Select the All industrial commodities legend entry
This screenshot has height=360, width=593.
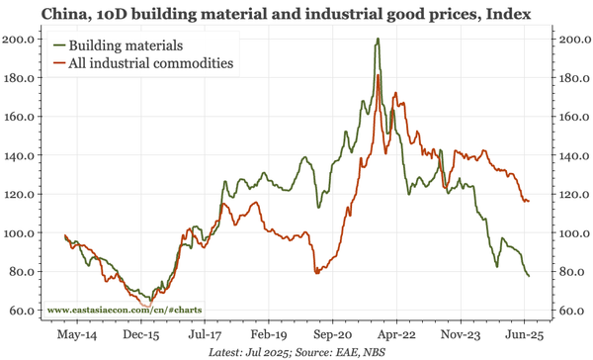(156, 63)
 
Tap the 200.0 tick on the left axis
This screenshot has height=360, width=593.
(23, 39)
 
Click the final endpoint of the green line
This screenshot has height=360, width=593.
(529, 276)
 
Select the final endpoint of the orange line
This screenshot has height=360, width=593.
(529, 201)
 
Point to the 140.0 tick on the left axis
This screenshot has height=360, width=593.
(23, 155)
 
